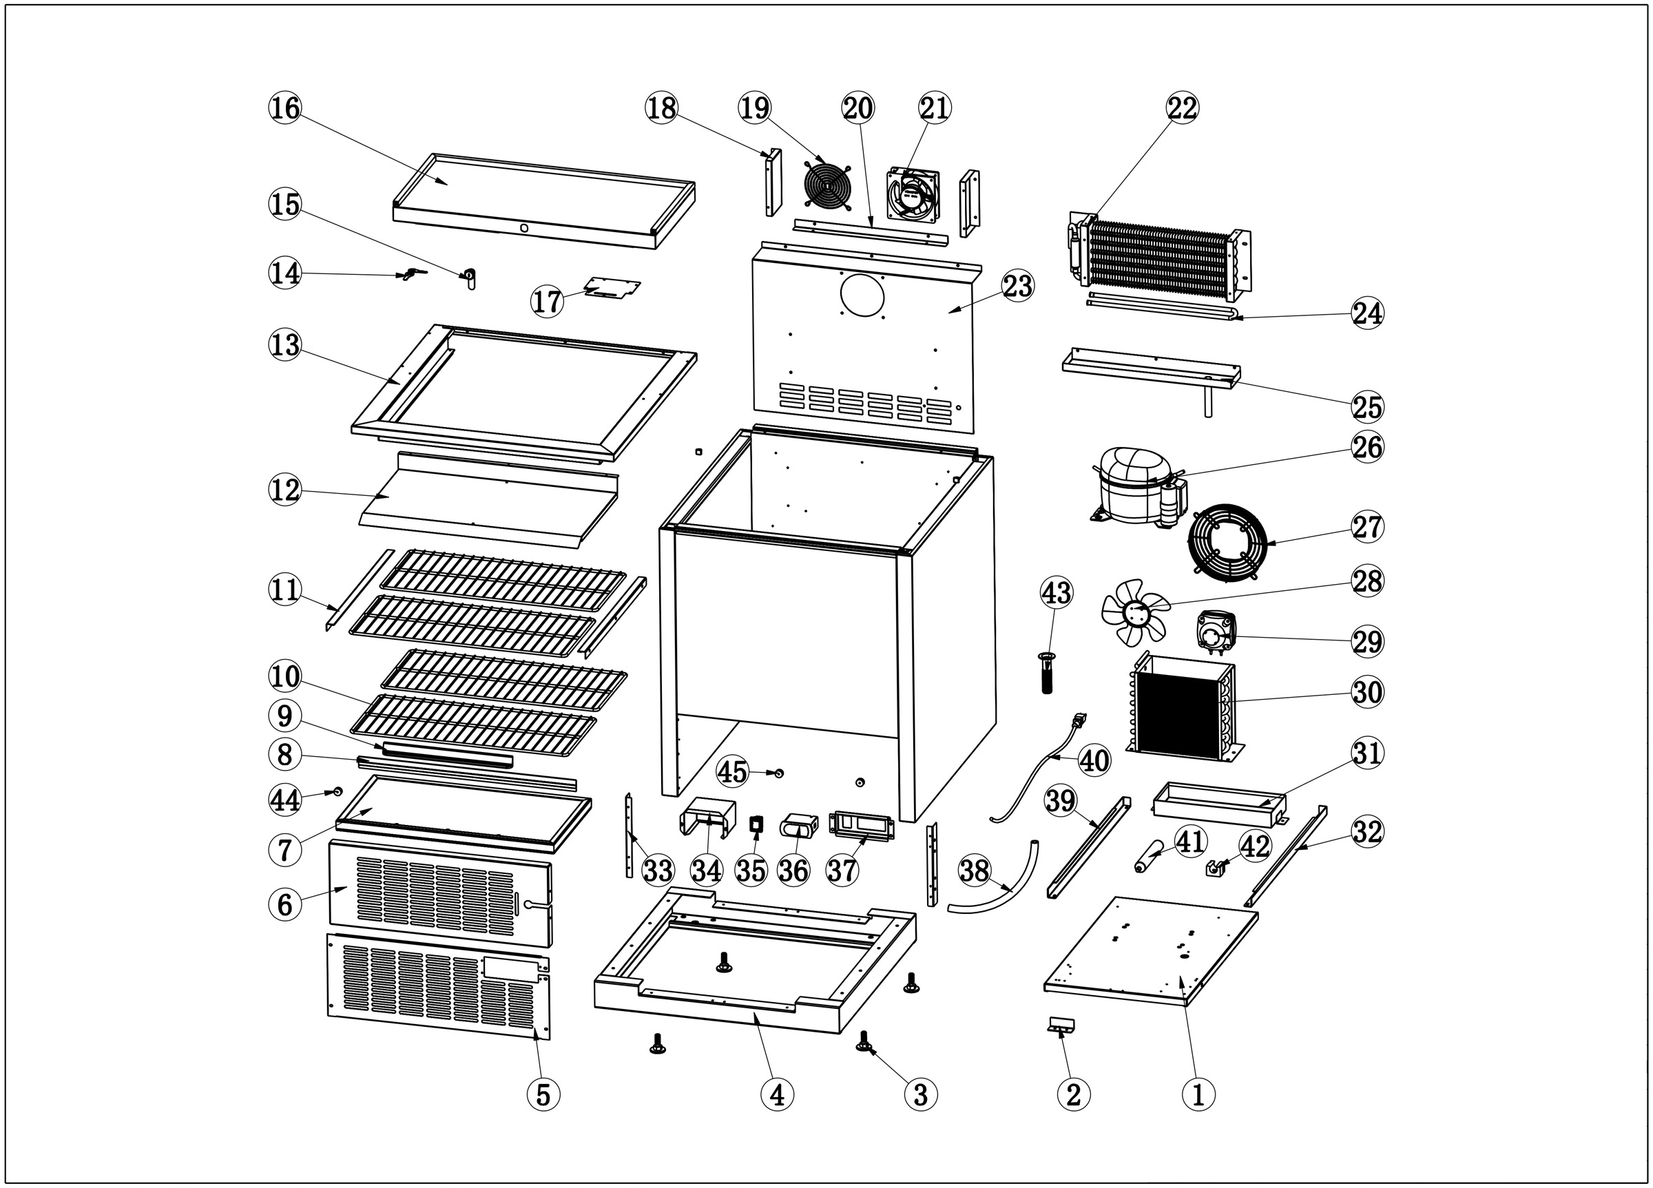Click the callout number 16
(x=284, y=108)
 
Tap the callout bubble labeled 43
(x=1056, y=592)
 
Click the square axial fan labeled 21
(x=913, y=196)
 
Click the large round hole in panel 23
(x=862, y=295)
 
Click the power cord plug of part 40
(x=1079, y=721)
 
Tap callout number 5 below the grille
(x=543, y=1093)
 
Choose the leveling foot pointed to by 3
(x=864, y=1041)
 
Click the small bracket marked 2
(x=1062, y=1025)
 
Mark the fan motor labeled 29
(x=1216, y=631)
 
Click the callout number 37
(x=842, y=871)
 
